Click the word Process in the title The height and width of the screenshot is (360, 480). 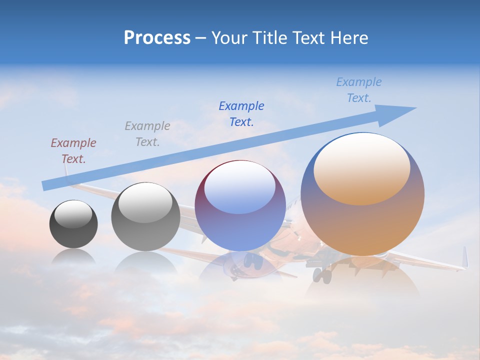[x=157, y=38]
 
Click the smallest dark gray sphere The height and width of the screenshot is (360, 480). [x=73, y=224]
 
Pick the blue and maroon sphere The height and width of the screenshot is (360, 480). [x=240, y=206]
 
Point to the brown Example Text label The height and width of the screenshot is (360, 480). [x=73, y=150]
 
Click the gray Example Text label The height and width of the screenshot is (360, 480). [x=147, y=133]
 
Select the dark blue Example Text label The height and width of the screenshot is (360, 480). [x=241, y=113]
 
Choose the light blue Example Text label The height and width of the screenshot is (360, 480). [x=358, y=90]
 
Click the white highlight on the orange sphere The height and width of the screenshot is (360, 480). [x=361, y=169]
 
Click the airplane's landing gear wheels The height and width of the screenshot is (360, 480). [x=322, y=273]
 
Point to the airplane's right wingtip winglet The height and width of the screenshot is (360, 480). [x=464, y=257]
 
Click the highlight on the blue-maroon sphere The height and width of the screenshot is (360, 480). [x=239, y=187]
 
